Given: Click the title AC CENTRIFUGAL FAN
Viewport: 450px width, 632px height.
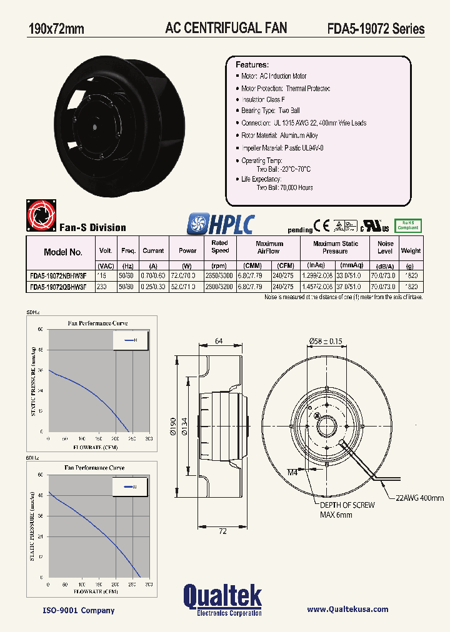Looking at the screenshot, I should [226, 28].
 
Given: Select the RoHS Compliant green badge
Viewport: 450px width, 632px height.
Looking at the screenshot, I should [408, 225].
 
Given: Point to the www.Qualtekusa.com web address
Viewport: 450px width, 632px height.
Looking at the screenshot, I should [347, 610].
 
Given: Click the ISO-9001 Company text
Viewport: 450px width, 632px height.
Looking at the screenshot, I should [69, 610].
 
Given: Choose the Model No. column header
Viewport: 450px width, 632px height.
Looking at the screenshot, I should [63, 252].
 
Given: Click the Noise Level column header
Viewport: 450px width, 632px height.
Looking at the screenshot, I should [386, 247].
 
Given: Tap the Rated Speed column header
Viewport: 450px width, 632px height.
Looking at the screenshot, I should [220, 247].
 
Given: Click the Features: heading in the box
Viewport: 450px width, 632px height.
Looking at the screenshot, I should [252, 65].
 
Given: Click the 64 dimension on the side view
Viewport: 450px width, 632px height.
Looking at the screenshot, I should [219, 341].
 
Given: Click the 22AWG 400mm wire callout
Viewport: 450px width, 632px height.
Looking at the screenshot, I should [419, 498].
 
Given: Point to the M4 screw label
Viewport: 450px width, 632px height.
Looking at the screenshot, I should [293, 472].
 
